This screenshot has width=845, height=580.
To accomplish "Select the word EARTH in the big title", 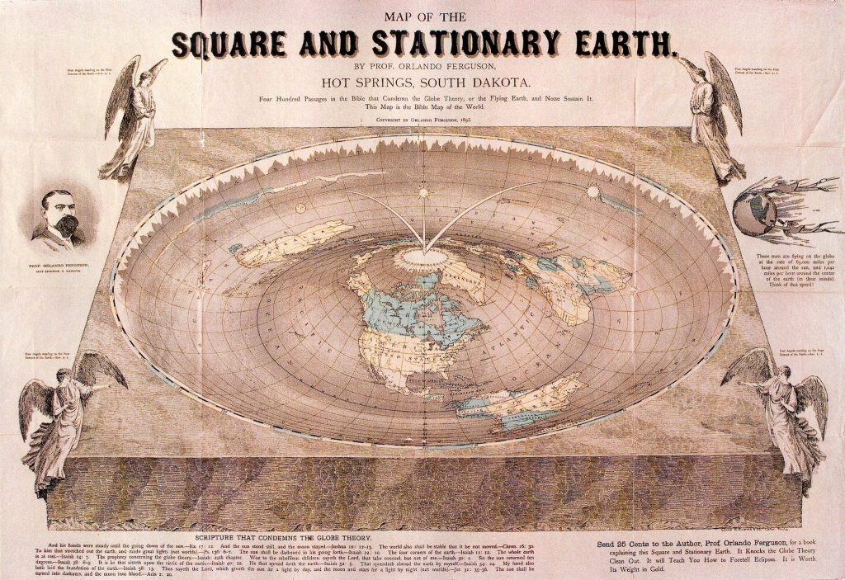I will click(x=615, y=41).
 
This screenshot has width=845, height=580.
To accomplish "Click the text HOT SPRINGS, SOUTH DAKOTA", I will click(x=422, y=83).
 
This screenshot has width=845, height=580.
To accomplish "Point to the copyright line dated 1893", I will click(x=422, y=120).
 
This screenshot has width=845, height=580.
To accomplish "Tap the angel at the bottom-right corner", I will click(x=780, y=417).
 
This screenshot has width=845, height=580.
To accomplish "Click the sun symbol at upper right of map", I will click(x=592, y=191).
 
